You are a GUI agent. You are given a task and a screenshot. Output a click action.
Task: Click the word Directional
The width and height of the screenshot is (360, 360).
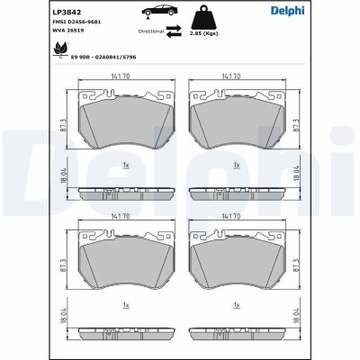(149, 31)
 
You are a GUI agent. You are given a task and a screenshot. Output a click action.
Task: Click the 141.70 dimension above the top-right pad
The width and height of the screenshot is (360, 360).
(235, 77)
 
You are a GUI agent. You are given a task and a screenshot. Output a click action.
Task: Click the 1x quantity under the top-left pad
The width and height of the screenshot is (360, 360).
(127, 165)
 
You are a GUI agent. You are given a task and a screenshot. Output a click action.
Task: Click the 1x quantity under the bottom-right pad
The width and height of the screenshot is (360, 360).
(236, 305)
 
